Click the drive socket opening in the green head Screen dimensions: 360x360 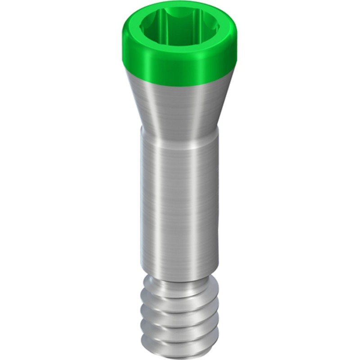[179, 28]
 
